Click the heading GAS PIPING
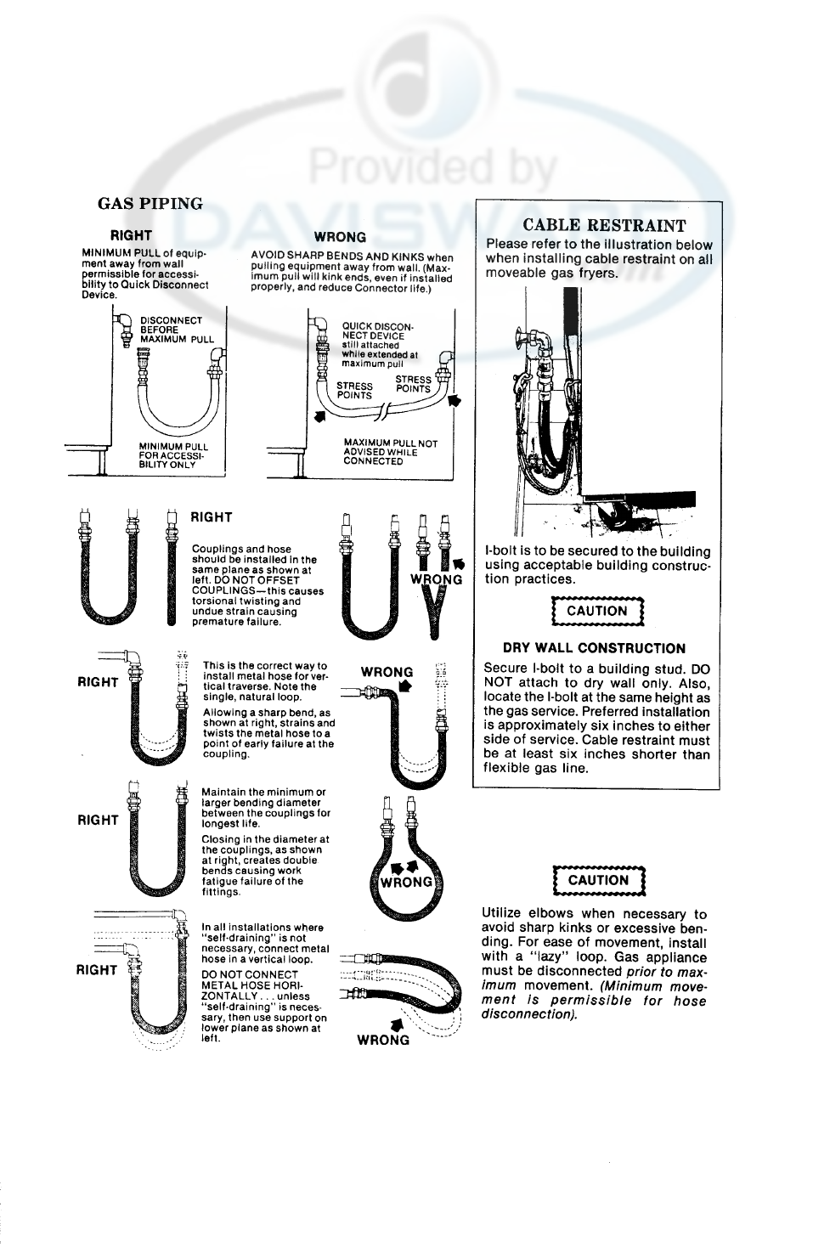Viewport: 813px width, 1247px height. (x=150, y=204)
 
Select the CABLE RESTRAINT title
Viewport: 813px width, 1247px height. (x=604, y=225)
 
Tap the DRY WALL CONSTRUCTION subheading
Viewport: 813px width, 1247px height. (x=594, y=648)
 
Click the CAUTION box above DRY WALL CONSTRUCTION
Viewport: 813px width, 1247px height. (x=597, y=611)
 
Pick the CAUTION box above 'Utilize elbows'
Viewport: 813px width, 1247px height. (x=598, y=880)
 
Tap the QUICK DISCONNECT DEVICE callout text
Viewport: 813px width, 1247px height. (x=379, y=345)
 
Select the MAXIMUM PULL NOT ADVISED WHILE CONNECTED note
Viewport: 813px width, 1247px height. (x=390, y=452)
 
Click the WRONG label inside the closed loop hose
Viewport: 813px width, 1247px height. (x=407, y=882)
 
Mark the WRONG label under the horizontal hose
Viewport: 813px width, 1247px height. (x=383, y=1040)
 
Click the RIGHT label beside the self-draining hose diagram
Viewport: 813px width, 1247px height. (x=96, y=970)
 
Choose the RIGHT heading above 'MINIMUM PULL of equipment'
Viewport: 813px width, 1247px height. (x=132, y=235)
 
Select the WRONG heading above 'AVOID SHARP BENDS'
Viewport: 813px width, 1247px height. (x=340, y=237)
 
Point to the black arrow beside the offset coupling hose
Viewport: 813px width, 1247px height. (x=460, y=563)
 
